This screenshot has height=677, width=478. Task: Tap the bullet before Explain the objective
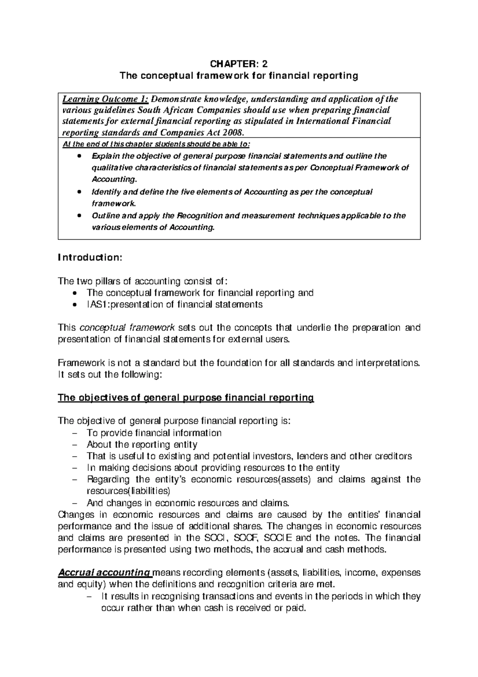pyautogui.click(x=80, y=156)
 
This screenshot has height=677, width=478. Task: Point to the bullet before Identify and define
pyautogui.click(x=80, y=192)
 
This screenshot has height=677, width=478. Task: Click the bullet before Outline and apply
pyautogui.click(x=80, y=216)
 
